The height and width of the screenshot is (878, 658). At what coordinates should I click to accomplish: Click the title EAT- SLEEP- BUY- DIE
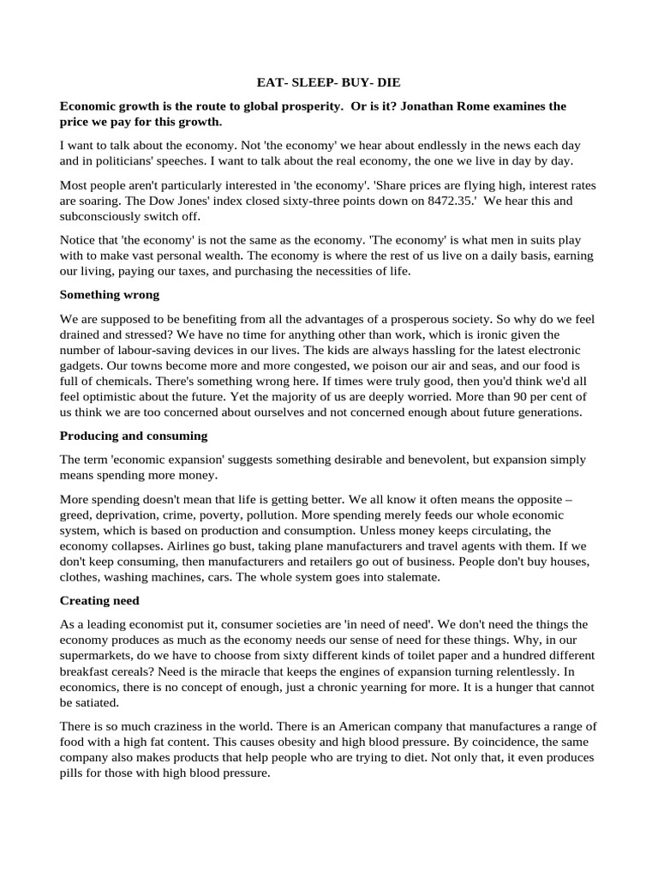329,83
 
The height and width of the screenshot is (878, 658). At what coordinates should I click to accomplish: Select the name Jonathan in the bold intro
428,106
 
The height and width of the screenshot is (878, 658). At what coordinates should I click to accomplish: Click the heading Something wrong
110,294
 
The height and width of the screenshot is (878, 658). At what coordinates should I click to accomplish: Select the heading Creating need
99,602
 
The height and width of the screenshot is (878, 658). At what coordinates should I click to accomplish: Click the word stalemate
408,577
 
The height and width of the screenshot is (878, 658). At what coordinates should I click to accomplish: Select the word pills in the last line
73,772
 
